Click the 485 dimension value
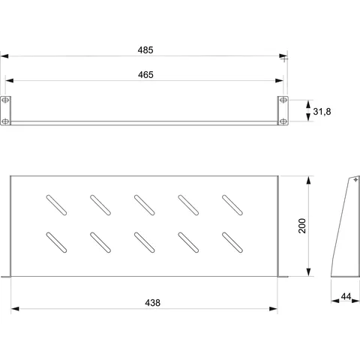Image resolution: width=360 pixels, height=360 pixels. click(145, 50)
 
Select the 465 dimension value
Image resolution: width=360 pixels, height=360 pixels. click(145, 75)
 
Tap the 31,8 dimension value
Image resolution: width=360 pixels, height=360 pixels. click(322, 112)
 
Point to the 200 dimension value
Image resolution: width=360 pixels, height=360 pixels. click(302, 226)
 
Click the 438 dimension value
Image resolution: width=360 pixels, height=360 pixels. click(152, 303)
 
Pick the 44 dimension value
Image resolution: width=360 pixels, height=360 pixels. click(346, 296)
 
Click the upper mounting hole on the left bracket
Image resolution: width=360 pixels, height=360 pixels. click(5, 100)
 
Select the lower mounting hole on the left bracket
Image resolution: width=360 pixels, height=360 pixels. click(5, 121)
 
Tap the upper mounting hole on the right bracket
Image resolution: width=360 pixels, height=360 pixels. click(283, 100)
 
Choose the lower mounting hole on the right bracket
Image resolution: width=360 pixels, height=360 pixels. click(283, 121)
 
